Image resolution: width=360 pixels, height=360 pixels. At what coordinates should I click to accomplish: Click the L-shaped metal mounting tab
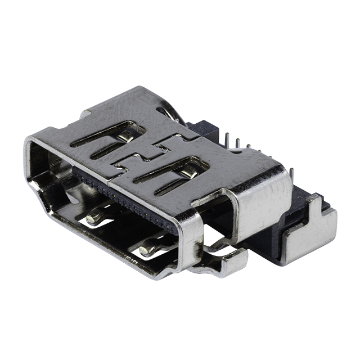[x=309, y=235]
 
